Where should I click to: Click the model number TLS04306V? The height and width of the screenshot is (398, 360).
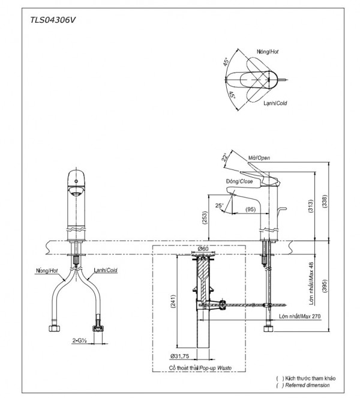[x=53, y=20]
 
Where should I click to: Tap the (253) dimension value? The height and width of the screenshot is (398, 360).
[x=205, y=218]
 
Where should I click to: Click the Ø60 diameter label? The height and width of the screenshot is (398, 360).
[x=203, y=249]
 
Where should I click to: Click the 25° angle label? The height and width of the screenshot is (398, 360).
[x=220, y=205]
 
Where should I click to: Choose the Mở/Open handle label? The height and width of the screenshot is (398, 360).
[x=258, y=159]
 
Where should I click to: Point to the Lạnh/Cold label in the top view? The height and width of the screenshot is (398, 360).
[x=274, y=103]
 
